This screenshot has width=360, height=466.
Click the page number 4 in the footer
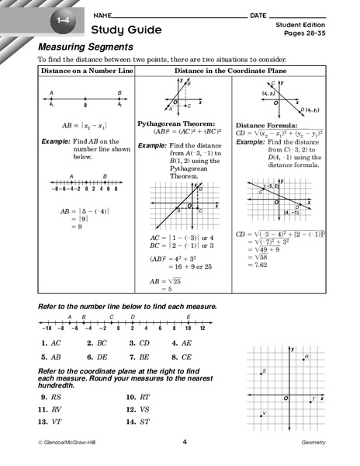(185, 443)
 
